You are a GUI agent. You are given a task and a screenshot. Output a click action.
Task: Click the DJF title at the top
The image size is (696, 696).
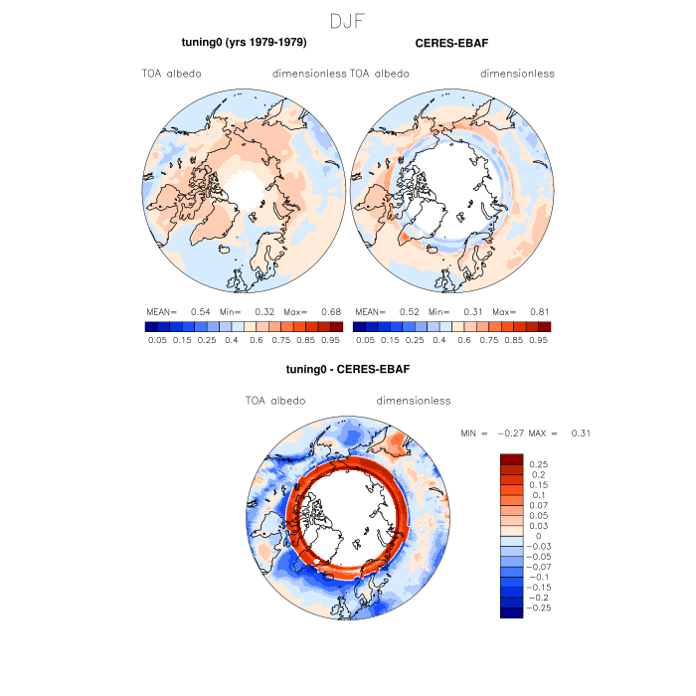point(348,21)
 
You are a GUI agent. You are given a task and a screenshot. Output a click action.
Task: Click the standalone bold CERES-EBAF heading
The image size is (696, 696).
point(451,44)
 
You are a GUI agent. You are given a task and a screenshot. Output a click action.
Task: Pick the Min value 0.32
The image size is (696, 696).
point(264,311)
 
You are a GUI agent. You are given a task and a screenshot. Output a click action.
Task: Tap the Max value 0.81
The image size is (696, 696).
point(541,311)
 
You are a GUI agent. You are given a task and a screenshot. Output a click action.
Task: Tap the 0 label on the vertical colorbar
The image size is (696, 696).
point(538,536)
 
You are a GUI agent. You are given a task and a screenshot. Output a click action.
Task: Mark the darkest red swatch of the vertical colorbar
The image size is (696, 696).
point(512,458)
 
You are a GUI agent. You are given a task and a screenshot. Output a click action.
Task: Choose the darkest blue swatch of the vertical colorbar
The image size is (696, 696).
point(512,612)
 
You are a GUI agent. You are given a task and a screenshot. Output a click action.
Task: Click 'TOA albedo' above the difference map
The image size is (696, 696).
point(275,401)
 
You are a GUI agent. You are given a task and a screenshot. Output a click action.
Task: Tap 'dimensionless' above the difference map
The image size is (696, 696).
point(414,401)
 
